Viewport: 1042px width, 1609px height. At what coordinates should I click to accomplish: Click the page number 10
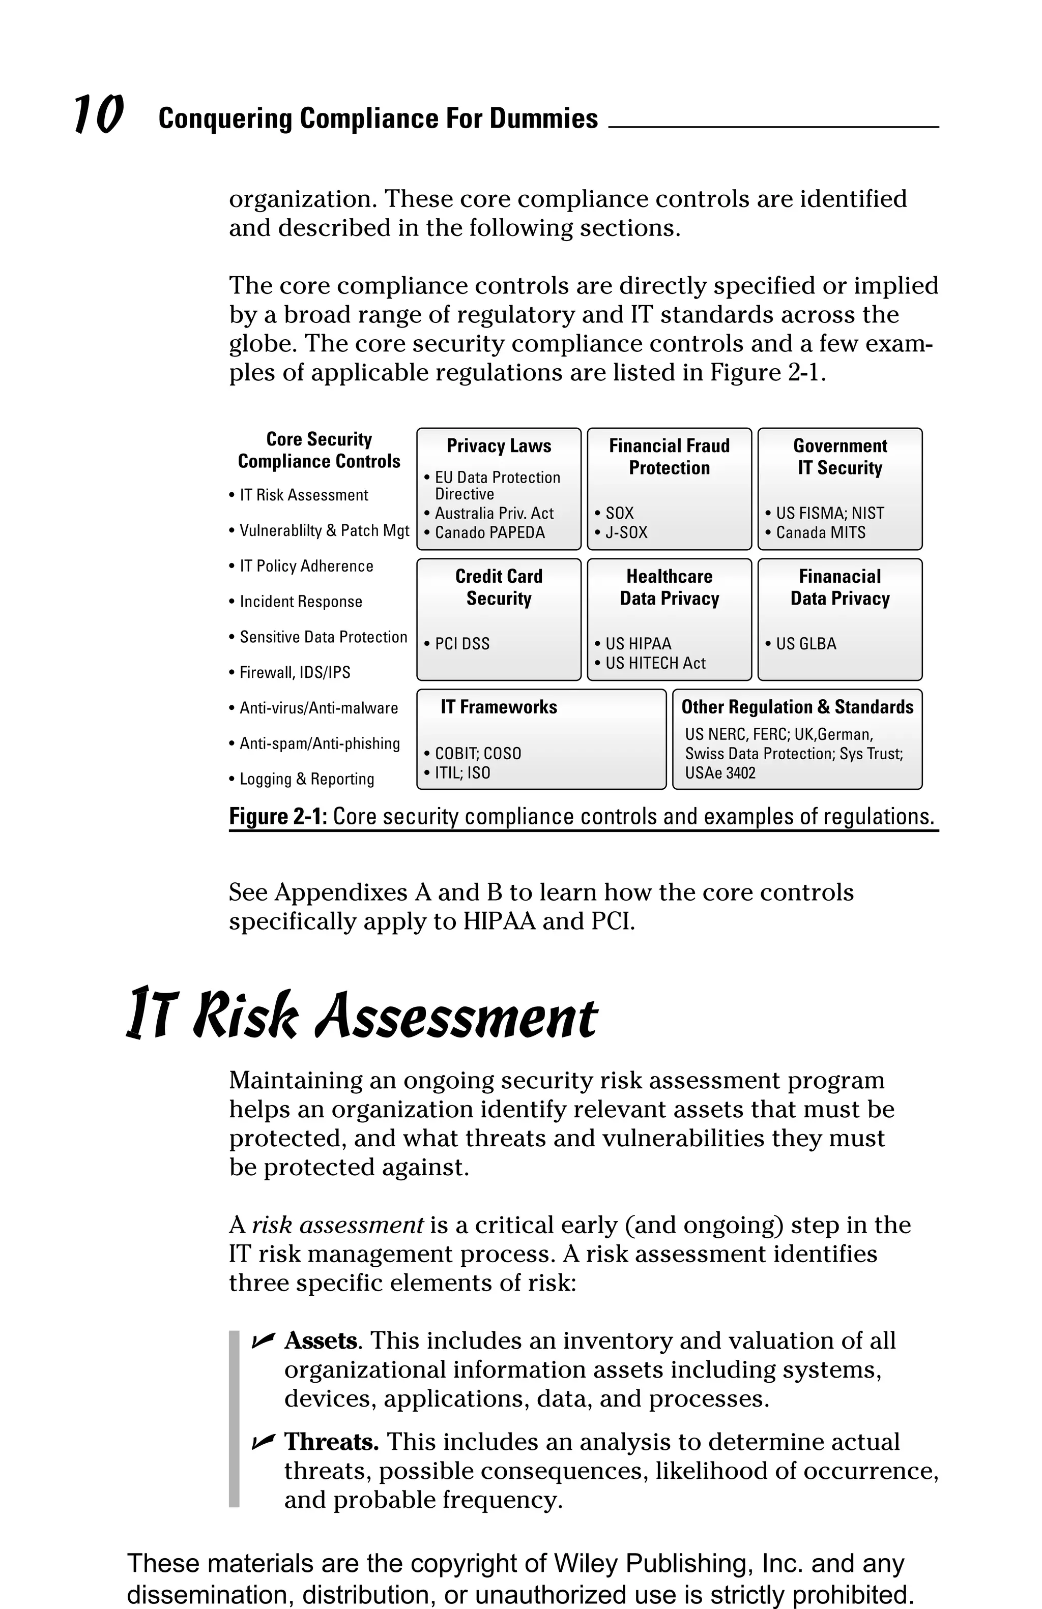pyautogui.click(x=99, y=115)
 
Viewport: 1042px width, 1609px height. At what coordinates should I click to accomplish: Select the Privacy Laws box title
pyautogui.click(x=498, y=446)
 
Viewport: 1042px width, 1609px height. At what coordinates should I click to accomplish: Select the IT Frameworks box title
pyautogui.click(x=498, y=707)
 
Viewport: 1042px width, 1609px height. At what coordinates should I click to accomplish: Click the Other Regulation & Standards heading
pyautogui.click(x=797, y=707)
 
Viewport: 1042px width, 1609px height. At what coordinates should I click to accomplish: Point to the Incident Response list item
pyautogui.click(x=300, y=602)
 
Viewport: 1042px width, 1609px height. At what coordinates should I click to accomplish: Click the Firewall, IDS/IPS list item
pyautogui.click(x=295, y=673)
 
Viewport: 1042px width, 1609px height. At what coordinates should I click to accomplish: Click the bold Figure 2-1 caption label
pyautogui.click(x=278, y=817)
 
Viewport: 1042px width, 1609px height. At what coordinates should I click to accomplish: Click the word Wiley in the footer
pyautogui.click(x=585, y=1564)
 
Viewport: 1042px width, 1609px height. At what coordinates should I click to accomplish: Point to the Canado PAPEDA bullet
pyautogui.click(x=489, y=533)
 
